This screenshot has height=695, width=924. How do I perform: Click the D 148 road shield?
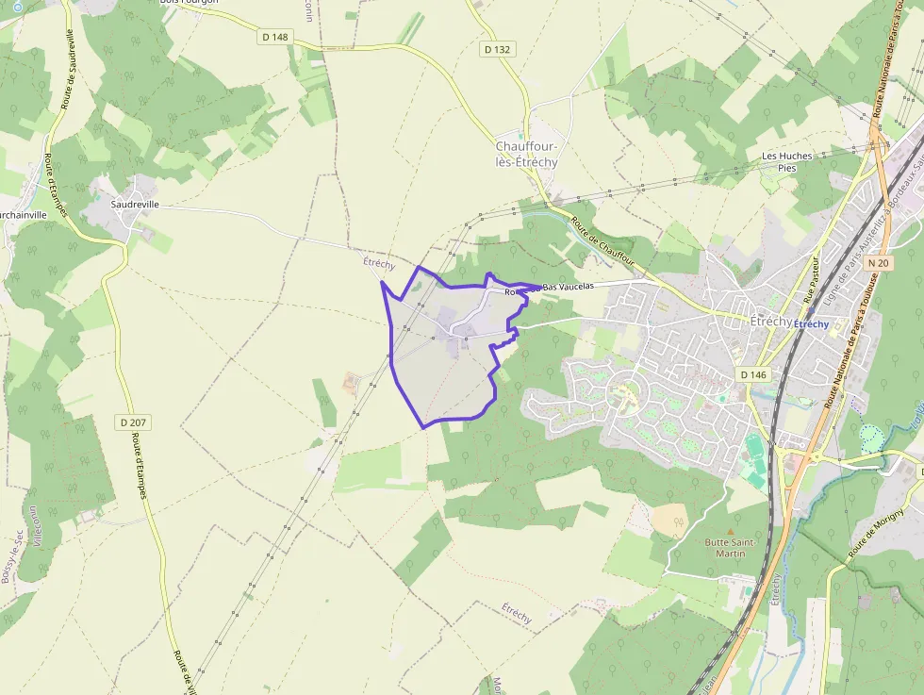[273, 36]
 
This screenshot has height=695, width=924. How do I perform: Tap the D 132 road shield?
[497, 49]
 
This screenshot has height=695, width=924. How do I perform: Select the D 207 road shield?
[136, 422]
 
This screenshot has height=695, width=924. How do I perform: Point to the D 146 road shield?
[753, 374]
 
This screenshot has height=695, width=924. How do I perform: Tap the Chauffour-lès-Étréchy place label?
[526, 154]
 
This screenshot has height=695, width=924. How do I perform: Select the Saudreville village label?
[135, 204]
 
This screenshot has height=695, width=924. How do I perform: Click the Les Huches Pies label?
[786, 161]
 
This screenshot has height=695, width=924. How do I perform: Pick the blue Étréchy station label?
[812, 324]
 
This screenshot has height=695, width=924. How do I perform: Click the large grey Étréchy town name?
[770, 321]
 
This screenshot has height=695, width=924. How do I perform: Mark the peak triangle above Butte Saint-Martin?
[726, 531]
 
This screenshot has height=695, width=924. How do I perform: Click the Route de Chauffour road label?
[602, 241]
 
